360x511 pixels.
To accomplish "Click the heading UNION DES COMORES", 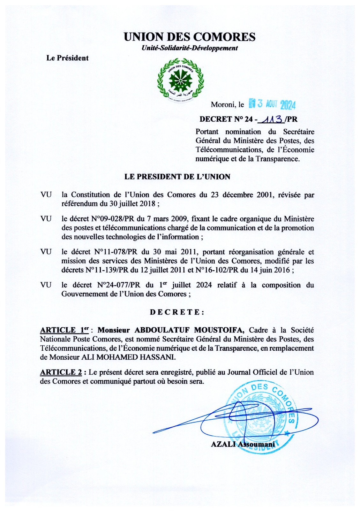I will [x=190, y=37].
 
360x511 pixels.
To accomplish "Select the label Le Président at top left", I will [x=67, y=58].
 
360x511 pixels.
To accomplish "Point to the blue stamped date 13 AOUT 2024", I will [x=272, y=104].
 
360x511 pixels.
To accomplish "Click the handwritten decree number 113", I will [x=271, y=119].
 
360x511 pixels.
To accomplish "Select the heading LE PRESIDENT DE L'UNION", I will [x=177, y=177].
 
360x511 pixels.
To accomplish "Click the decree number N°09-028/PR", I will [x=110, y=219].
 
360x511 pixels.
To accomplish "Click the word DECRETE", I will [x=177, y=312].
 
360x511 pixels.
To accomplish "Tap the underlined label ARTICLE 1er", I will [x=64, y=330].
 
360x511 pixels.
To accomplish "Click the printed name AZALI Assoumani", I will [x=243, y=444].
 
